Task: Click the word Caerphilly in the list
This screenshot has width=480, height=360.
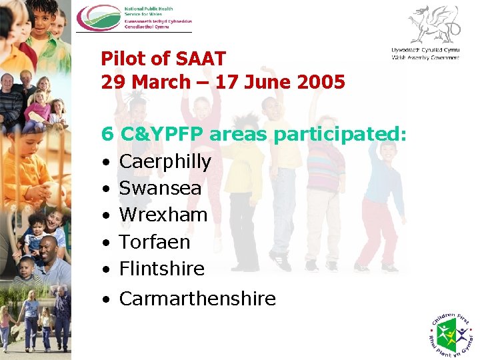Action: point(165,162)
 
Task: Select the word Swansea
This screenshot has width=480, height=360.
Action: point(160,188)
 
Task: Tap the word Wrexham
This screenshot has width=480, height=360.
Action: point(163,215)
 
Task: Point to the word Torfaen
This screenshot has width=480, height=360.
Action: point(155,241)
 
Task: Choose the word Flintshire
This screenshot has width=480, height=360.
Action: point(162,268)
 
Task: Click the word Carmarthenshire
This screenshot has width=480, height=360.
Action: point(197,298)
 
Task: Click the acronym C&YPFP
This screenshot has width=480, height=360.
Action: point(163,135)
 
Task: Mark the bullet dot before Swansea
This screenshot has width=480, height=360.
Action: point(106,189)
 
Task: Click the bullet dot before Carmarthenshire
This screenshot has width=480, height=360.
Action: point(106,299)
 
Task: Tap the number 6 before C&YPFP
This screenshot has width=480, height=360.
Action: point(107,135)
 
